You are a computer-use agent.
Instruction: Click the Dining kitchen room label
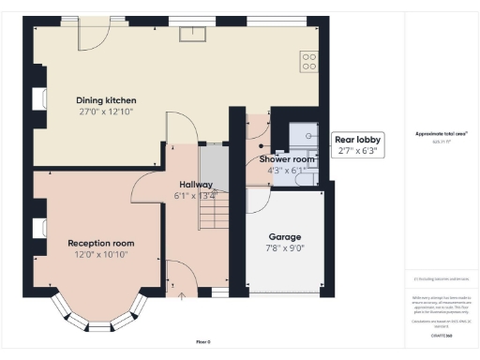106,99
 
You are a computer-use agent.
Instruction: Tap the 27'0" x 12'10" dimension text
106,112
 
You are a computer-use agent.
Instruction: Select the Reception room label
101,243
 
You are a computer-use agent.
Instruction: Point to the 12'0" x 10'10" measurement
101,254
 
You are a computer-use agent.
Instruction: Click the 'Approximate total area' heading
441,134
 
